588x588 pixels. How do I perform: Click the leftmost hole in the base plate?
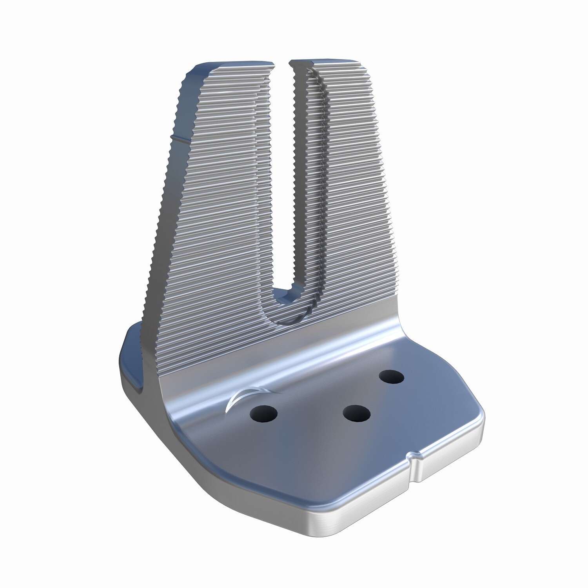(263, 413)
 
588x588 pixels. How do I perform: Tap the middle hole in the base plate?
(356, 413)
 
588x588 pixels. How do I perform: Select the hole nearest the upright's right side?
(391, 377)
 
